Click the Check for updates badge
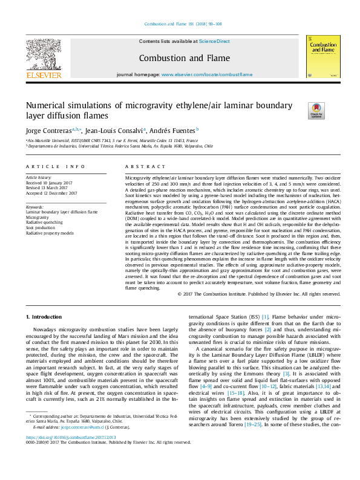point(316,110)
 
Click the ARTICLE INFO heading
point(51,166)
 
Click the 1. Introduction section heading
point(46,317)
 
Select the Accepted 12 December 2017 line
point(51,193)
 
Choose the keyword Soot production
point(42,227)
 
